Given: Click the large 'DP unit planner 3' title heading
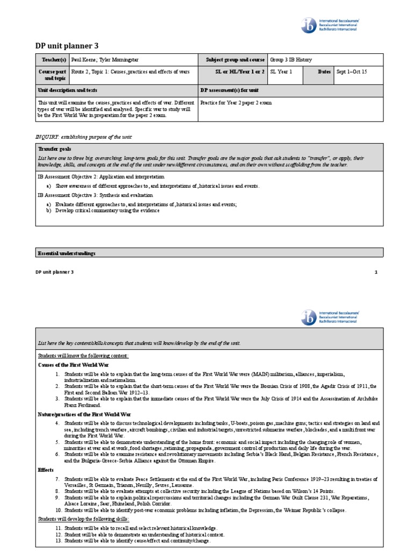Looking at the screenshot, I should click(67, 46).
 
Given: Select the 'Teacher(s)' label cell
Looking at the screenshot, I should click(52, 60).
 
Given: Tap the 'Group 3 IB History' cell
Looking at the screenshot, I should click(291, 60).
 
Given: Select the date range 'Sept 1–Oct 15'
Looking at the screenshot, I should click(351, 72).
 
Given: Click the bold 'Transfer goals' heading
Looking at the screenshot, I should click(54, 149).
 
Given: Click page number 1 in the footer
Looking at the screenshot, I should click(376, 272).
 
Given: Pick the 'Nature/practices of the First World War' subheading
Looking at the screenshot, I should click(84, 415).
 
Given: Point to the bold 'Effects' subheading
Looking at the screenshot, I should click(45, 469).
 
